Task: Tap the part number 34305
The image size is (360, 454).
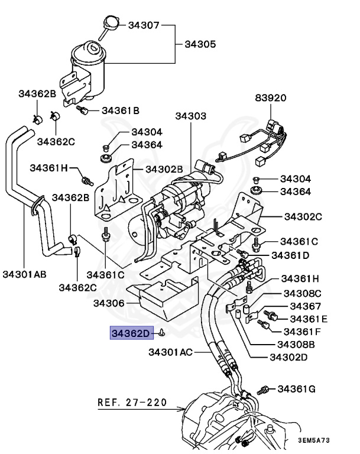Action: [200, 44]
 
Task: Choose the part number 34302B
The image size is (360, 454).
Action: [164, 169]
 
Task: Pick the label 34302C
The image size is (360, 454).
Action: [303, 216]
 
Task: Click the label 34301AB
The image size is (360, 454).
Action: [24, 274]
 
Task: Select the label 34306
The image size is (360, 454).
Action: [109, 303]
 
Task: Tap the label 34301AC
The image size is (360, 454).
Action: [170, 352]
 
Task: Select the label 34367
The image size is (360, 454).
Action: [306, 306]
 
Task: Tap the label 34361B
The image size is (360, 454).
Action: [121, 110]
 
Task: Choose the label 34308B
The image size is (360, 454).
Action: [300, 344]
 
